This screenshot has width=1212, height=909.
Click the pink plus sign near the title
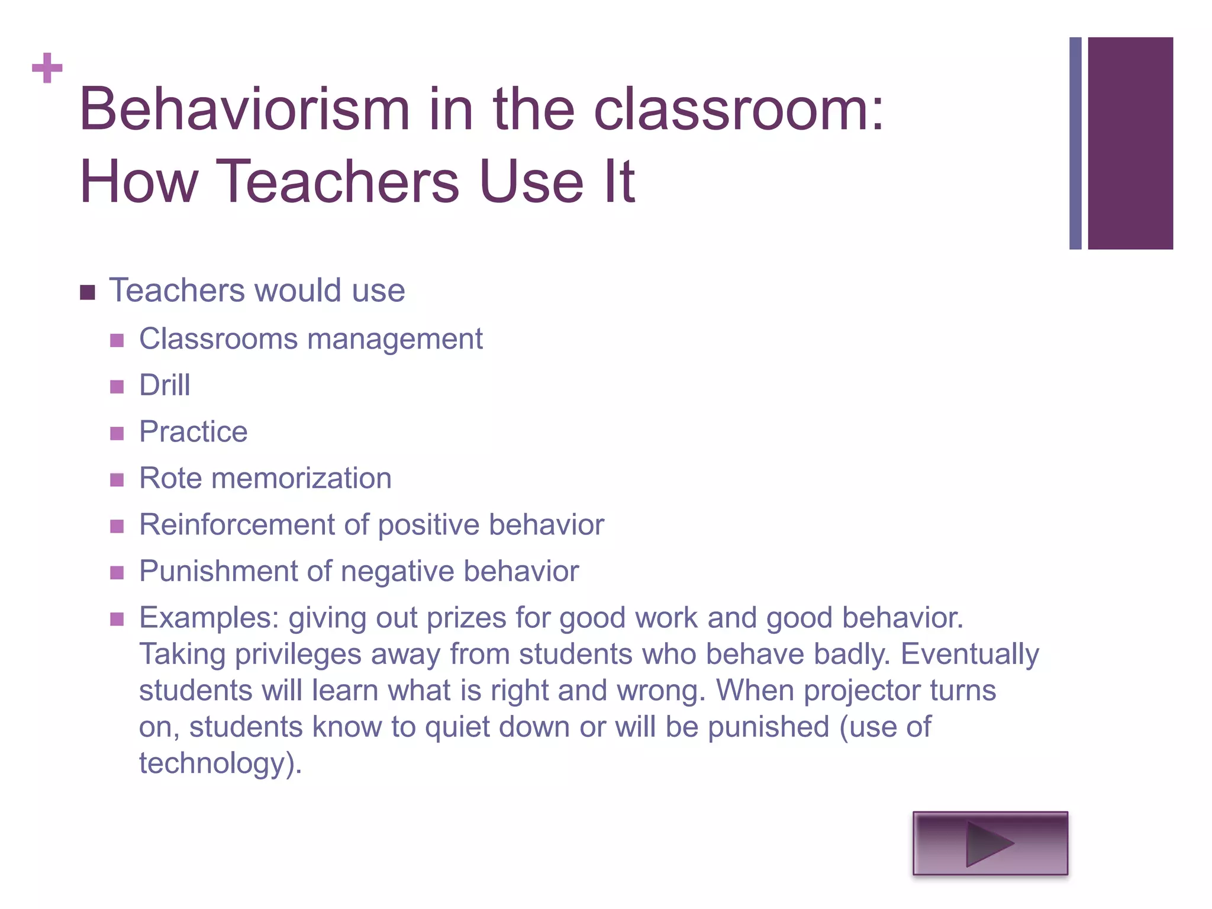[47, 68]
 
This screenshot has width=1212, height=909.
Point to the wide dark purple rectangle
[1130, 143]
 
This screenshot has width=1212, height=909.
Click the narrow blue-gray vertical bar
[1075, 143]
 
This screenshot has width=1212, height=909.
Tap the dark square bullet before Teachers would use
[88, 292]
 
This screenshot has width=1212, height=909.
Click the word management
[395, 340]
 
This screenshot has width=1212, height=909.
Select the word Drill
[165, 385]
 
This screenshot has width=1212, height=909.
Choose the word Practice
[193, 431]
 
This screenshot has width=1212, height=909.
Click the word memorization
[301, 478]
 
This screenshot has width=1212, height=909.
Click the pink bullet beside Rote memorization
[117, 479]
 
